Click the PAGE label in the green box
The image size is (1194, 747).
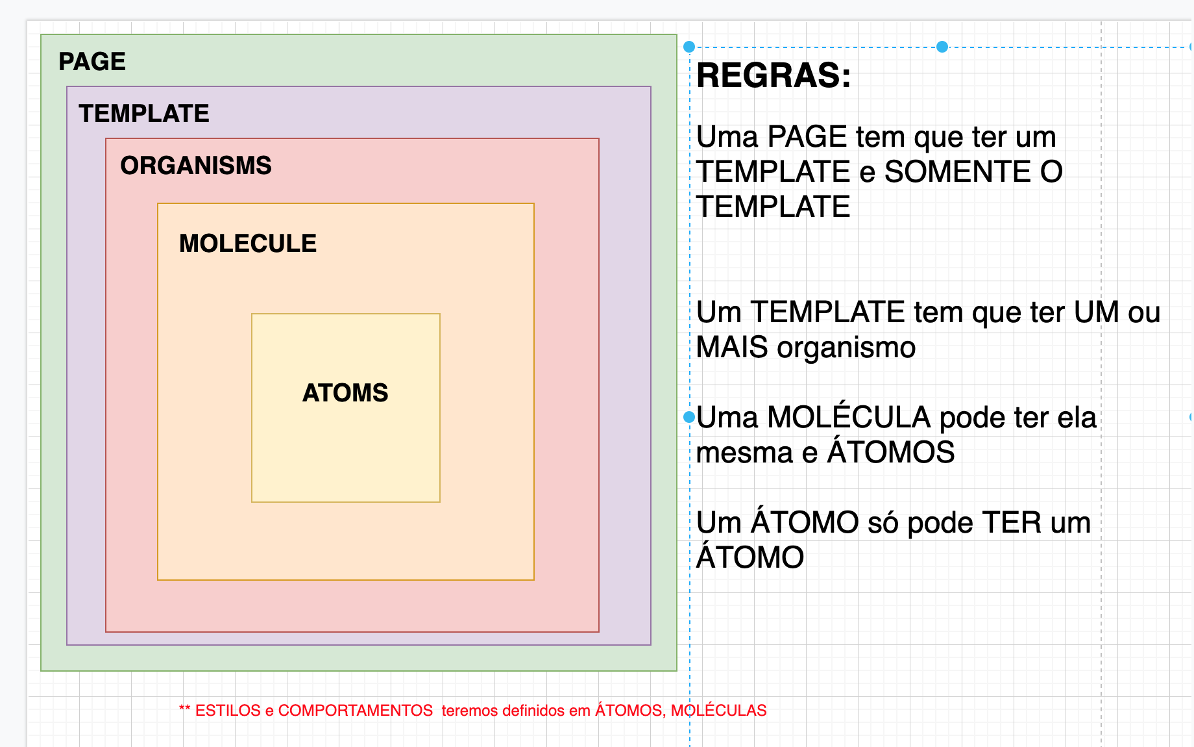click(92, 62)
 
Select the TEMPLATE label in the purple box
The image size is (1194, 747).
click(144, 114)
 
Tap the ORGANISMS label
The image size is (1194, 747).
click(196, 166)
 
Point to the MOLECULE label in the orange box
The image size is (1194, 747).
click(248, 244)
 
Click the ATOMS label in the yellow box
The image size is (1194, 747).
click(345, 393)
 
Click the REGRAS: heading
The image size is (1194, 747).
click(774, 75)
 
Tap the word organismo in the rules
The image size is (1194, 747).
click(846, 348)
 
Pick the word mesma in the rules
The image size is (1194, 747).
click(744, 453)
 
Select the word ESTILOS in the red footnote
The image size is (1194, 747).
click(228, 711)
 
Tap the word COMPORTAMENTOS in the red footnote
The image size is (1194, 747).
click(356, 711)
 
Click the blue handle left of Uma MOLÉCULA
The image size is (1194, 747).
click(689, 417)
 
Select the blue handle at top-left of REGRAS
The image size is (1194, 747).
click(689, 47)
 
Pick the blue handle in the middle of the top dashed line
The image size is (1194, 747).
click(942, 47)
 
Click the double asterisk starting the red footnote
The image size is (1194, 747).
click(184, 709)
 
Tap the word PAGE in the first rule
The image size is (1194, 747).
click(807, 137)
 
